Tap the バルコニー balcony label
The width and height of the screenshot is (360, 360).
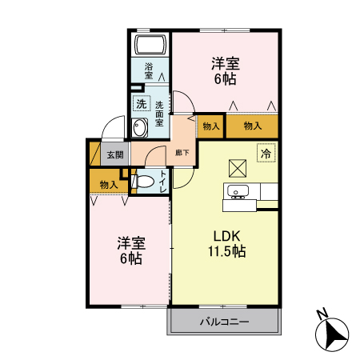coord(223,322)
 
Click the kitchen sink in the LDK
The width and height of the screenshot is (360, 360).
coord(238,192)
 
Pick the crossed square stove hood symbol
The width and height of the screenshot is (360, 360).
coord(238,168)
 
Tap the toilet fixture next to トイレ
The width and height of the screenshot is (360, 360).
coord(144,183)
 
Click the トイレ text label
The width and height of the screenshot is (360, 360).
coord(163,182)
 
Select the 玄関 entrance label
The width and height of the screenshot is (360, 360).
coord(114,155)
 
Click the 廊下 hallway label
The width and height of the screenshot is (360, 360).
coord(182,152)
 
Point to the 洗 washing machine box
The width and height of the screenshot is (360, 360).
coord(141,103)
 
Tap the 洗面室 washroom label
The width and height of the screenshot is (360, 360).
coord(160,113)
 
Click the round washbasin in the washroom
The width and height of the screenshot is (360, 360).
coord(140,127)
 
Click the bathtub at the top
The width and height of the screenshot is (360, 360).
coord(149,45)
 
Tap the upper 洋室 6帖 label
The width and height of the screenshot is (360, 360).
coord(225,70)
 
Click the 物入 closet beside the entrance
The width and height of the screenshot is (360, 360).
coord(109,185)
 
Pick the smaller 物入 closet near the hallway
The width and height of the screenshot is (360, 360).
coord(210,126)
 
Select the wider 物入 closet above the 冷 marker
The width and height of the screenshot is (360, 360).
coord(252,126)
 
